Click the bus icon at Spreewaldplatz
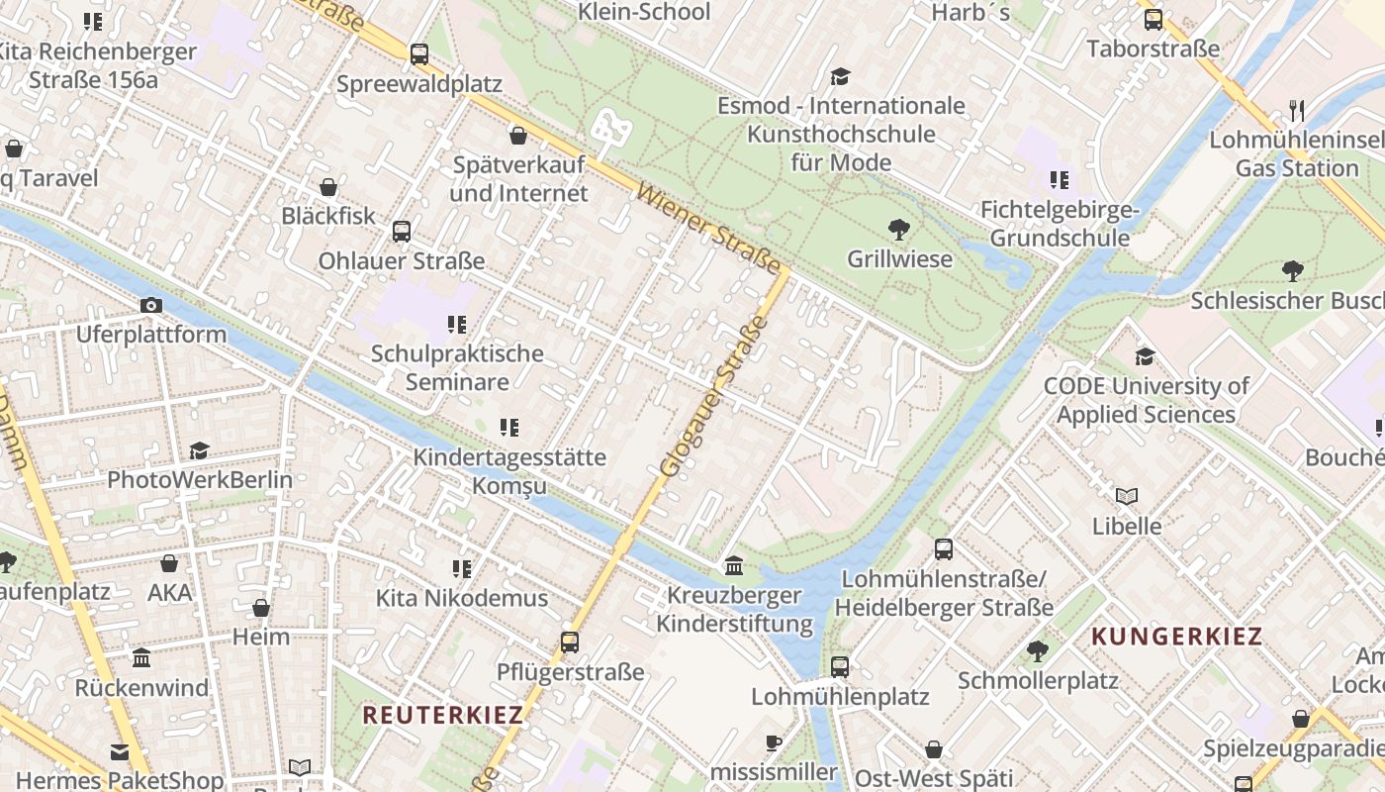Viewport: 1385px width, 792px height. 419,54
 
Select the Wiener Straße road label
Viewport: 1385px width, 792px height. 708,230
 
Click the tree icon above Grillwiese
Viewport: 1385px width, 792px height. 899,231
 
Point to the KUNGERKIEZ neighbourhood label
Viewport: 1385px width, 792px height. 1177,637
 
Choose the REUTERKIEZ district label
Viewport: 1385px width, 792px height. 442,715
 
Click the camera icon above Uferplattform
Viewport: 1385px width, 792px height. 151,306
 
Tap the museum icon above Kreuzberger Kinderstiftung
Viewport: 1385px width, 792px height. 734,566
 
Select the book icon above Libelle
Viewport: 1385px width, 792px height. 1127,496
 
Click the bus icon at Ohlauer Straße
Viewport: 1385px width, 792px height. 401,232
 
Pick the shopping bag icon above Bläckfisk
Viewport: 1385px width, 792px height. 328,187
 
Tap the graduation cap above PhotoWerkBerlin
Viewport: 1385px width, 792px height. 200,450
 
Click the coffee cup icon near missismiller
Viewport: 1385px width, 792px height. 774,742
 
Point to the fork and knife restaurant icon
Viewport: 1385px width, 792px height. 1297,110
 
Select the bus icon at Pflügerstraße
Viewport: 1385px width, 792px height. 570,643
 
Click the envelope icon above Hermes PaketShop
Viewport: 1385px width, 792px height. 120,751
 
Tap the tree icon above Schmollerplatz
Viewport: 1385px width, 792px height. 1038,651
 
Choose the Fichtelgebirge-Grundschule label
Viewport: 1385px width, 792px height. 1060,224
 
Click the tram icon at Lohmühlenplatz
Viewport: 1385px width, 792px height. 840,666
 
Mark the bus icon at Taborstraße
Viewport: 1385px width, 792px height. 1153,20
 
